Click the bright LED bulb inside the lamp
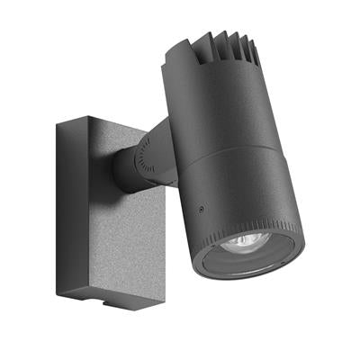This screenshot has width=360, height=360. click(247, 241)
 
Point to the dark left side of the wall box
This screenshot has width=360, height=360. click(62, 207)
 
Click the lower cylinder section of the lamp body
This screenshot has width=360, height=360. click(225, 193)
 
